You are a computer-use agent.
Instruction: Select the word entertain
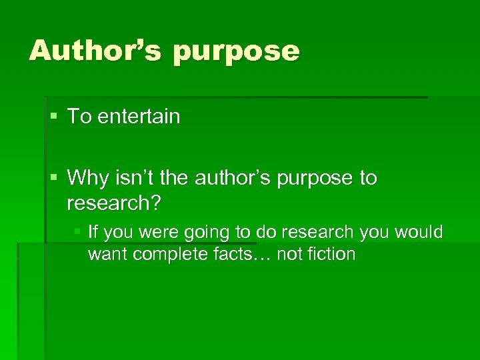click(x=139, y=117)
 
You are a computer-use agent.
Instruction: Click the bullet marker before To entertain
click(x=54, y=117)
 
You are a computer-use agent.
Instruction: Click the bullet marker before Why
click(x=54, y=178)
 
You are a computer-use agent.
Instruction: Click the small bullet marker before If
click(x=77, y=232)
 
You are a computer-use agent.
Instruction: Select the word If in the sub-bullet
click(x=93, y=232)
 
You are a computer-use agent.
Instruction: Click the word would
click(x=418, y=232)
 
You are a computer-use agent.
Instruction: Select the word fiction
click(x=331, y=254)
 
